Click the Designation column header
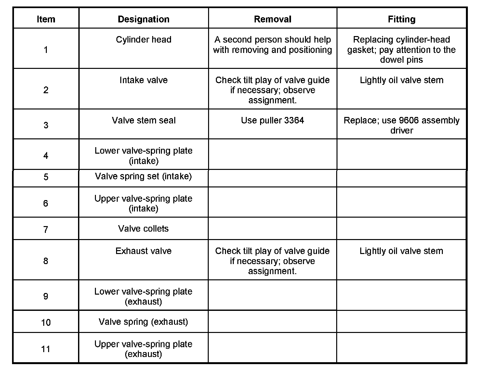click(143, 19)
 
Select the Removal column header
click(272, 19)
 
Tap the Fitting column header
click(402, 19)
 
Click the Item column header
click(46, 19)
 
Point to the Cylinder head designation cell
click(143, 40)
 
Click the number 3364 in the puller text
click(294, 121)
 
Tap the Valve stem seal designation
click(143, 121)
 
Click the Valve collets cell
click(143, 229)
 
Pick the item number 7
click(46, 230)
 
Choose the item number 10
click(46, 323)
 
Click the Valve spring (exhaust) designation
click(143, 322)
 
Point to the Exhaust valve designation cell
click(143, 251)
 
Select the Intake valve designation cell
click(143, 80)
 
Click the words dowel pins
click(402, 60)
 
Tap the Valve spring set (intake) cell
click(143, 176)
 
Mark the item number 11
click(46, 349)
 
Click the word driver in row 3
click(402, 131)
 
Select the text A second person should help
click(272, 40)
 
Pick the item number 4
click(46, 156)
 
